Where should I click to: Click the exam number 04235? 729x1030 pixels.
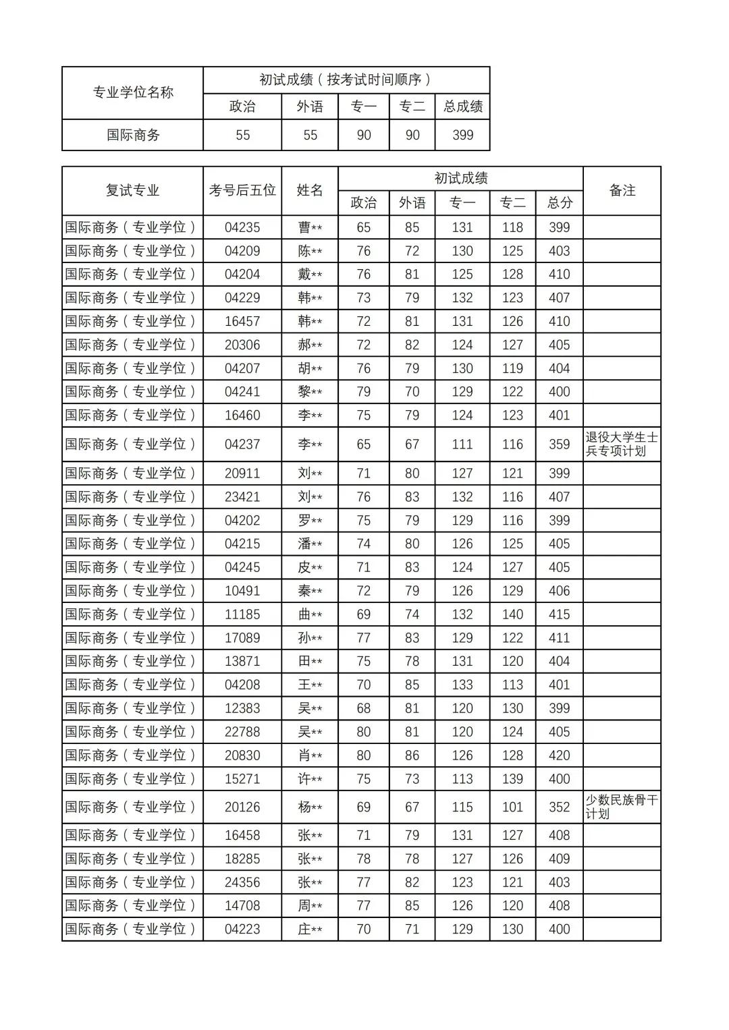coord(242,228)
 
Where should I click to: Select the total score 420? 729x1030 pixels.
coord(559,755)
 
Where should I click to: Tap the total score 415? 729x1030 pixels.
coord(559,614)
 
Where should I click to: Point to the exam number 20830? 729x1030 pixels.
coord(242,755)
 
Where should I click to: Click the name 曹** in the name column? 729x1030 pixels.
coord(310,228)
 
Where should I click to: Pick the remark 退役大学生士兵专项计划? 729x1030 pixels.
coord(621,445)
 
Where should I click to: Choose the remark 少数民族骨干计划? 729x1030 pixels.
coord(621,807)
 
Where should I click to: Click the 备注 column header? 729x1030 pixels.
coord(622,191)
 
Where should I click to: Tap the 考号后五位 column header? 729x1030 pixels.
coord(242,191)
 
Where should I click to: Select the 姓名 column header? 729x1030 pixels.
coord(310,191)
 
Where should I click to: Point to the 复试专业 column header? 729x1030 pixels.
coord(132,191)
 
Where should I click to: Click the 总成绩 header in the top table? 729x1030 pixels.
coord(463,107)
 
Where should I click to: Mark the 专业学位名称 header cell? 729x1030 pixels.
coord(133,93)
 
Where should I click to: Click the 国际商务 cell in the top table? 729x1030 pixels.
coord(133,135)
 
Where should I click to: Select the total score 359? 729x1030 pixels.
coord(559,445)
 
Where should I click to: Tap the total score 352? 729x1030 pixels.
coord(559,807)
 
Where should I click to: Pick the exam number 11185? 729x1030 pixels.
coord(242,614)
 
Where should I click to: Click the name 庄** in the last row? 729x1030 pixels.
coord(310,929)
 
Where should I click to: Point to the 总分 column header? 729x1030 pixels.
coord(560,203)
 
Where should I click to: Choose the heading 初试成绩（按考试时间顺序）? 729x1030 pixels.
coord(346,80)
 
